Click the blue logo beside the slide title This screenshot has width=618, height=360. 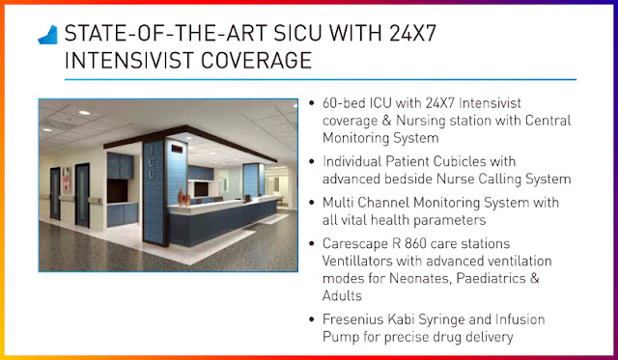coord(48,35)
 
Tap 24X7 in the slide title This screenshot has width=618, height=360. coord(412,33)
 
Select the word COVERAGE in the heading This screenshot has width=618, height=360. coord(256,60)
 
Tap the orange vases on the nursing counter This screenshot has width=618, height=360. coord(183,198)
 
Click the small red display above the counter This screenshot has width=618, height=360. coord(178,149)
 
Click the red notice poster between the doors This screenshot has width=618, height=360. coord(67,180)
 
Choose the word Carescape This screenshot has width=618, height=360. coord(355,244)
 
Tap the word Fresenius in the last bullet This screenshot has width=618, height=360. coord(352,319)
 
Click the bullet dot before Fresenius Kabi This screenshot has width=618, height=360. coord(312,319)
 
